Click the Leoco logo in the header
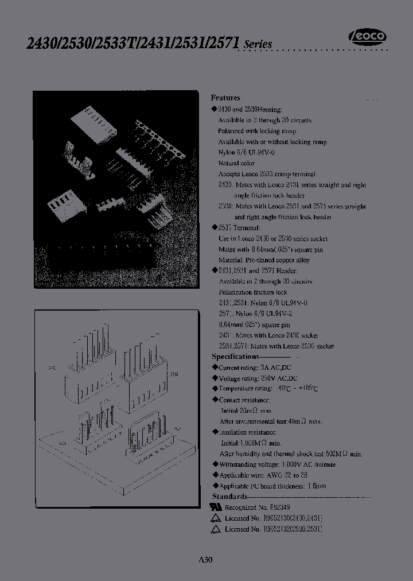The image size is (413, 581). pos(368,37)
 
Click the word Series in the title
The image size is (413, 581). pos(258,45)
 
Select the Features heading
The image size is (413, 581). pos(225,98)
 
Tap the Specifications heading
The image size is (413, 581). pos(235,357)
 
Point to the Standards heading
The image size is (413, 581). pos(229,496)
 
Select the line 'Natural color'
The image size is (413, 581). pos(236,163)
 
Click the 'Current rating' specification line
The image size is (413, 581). pos(250,367)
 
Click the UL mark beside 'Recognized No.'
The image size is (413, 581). pos(216,508)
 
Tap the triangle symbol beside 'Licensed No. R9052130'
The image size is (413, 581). pos(216,518)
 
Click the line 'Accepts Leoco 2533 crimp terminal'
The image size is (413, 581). pos(266,174)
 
